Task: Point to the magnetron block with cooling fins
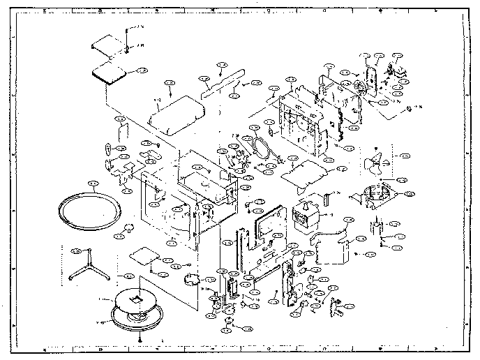coord(304,214)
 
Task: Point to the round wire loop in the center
coord(262,148)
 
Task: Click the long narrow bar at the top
coord(221,82)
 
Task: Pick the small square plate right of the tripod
coord(144,254)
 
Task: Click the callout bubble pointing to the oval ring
coord(91,183)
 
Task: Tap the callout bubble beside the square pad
coord(140,71)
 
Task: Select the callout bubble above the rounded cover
coord(170,82)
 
